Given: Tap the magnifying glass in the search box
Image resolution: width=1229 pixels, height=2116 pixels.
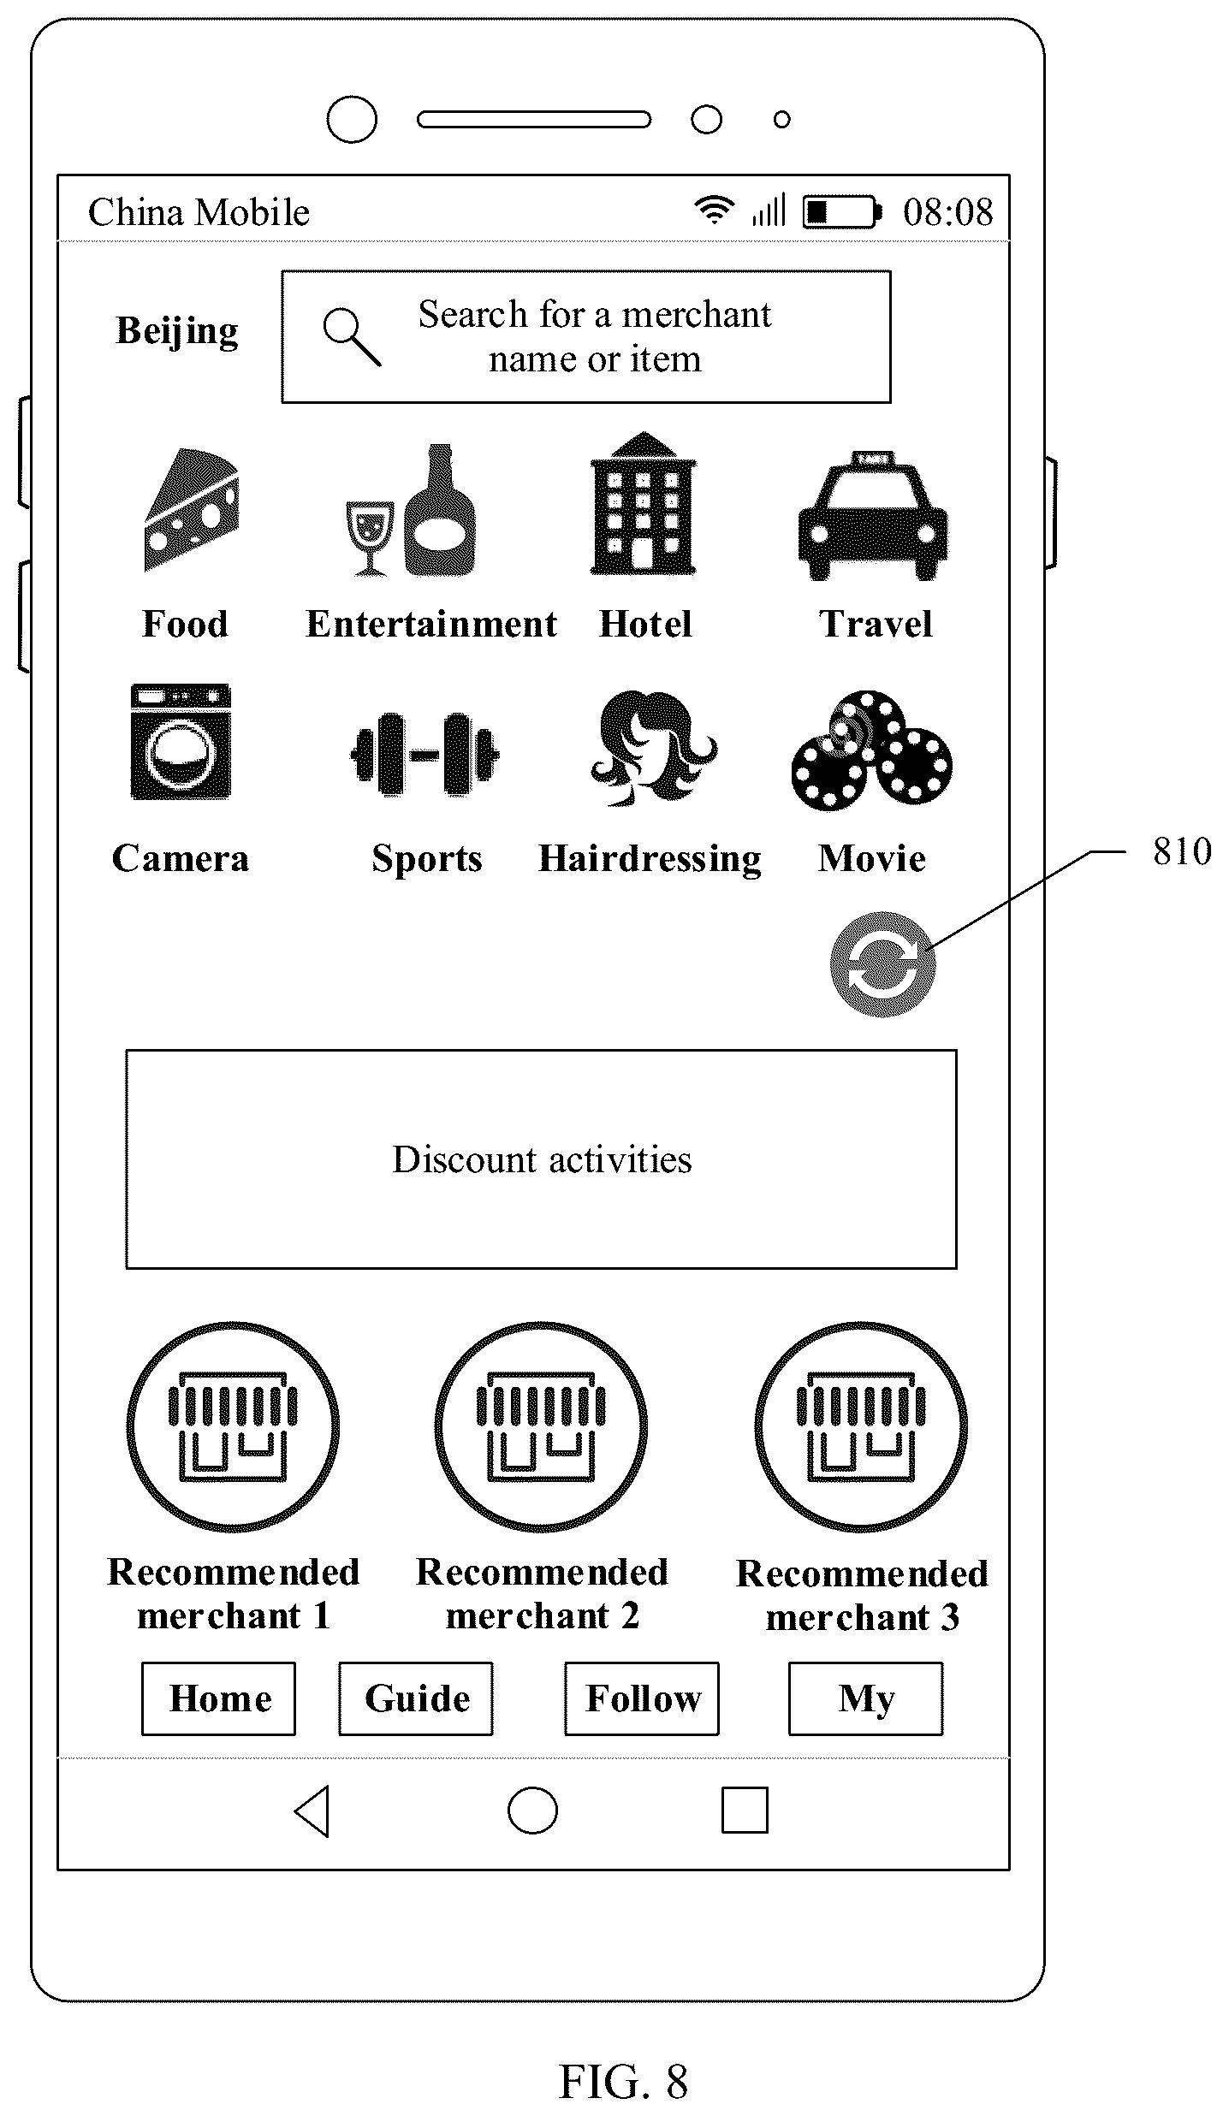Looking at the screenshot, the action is [352, 337].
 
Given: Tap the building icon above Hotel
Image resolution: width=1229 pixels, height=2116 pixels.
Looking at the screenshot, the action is [644, 503].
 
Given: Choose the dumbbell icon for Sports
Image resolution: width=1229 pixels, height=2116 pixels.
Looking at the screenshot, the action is [425, 754].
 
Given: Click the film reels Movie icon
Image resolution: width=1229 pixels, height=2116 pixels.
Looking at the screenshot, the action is [872, 750].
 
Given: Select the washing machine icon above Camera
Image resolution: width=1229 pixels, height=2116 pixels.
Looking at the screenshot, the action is [181, 741].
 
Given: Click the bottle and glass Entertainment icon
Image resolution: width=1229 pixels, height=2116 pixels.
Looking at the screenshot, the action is [411, 510].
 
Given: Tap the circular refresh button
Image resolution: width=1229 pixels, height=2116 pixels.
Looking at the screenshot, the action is [882, 964].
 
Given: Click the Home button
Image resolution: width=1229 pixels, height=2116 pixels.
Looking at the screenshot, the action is [219, 1698].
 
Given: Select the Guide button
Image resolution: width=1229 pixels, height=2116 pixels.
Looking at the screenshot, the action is [416, 1698].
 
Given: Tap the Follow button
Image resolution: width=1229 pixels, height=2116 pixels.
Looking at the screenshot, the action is [642, 1698].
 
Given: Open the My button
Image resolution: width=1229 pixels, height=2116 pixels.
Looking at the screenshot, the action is [866, 1698].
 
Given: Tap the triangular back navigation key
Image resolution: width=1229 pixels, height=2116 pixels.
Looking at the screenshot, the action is [312, 1811].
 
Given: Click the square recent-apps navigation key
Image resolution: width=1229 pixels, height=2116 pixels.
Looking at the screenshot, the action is [745, 1810].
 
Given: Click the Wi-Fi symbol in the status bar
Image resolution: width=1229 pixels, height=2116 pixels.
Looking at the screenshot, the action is [714, 210].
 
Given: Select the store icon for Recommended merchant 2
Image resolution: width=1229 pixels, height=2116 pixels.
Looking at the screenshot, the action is [541, 1427].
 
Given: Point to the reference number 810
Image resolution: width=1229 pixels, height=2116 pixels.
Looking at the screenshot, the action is [1182, 851].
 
